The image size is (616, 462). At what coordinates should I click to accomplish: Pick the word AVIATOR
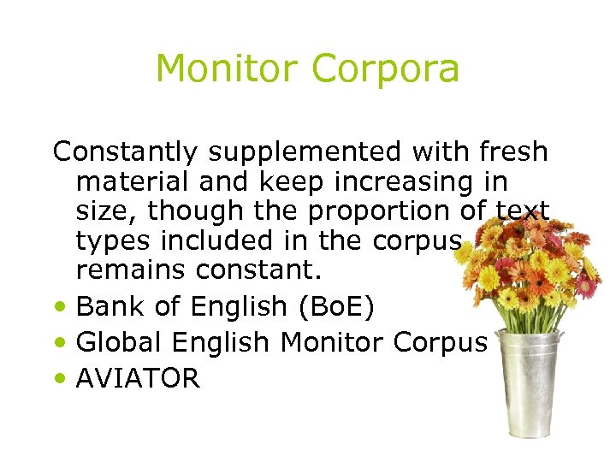(x=138, y=379)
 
